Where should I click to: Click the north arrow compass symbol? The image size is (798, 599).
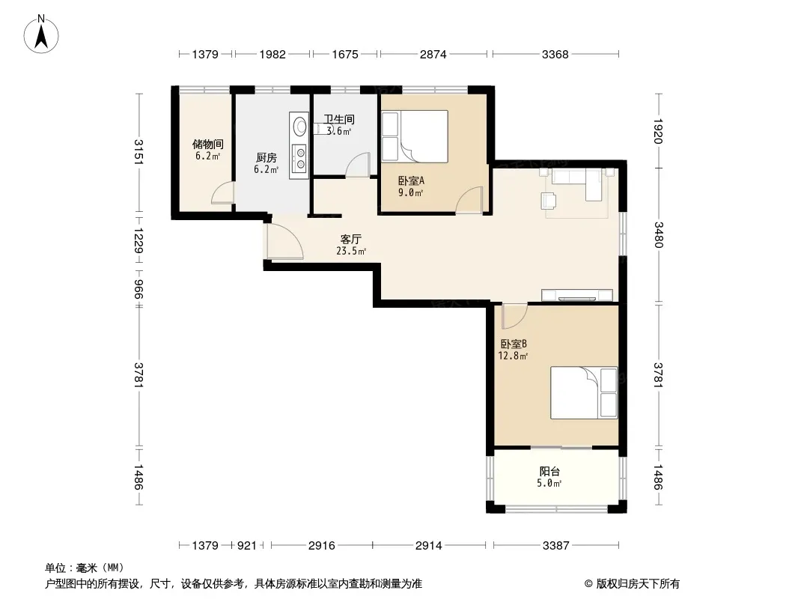41,34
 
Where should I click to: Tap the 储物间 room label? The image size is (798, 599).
207,145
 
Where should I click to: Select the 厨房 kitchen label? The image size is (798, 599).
266,158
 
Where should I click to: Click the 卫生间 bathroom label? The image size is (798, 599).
339,120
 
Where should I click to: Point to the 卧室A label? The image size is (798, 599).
411,180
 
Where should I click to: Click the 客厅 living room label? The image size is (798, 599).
350,239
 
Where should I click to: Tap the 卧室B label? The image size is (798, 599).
514,344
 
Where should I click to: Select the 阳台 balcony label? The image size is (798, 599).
549,472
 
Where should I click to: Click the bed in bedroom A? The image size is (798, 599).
415,136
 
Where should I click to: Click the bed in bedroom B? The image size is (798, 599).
584,393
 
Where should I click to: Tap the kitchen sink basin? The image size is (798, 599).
299,125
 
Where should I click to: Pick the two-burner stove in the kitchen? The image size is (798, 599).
299,158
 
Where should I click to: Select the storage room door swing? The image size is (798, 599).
222,192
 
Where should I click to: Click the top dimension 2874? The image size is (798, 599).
433,54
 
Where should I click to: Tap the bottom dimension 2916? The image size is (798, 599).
322,546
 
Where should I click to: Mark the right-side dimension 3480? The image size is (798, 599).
659,234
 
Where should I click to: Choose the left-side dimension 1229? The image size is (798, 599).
138,240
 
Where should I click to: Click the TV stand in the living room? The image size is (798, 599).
577,295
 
